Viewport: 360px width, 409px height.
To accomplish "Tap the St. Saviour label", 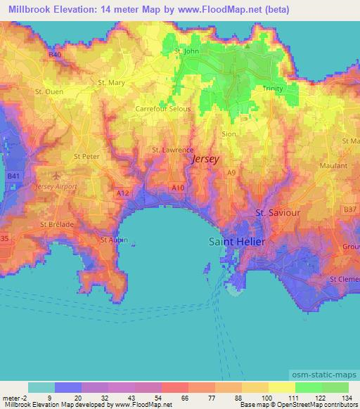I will (x=277, y=212).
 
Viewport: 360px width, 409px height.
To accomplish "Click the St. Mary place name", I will (x=111, y=82).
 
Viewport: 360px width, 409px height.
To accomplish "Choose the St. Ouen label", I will (x=48, y=91).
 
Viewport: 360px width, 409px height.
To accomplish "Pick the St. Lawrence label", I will (x=172, y=150).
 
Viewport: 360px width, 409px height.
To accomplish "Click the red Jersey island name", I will (x=205, y=160).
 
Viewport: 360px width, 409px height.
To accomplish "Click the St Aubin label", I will (x=112, y=240).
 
